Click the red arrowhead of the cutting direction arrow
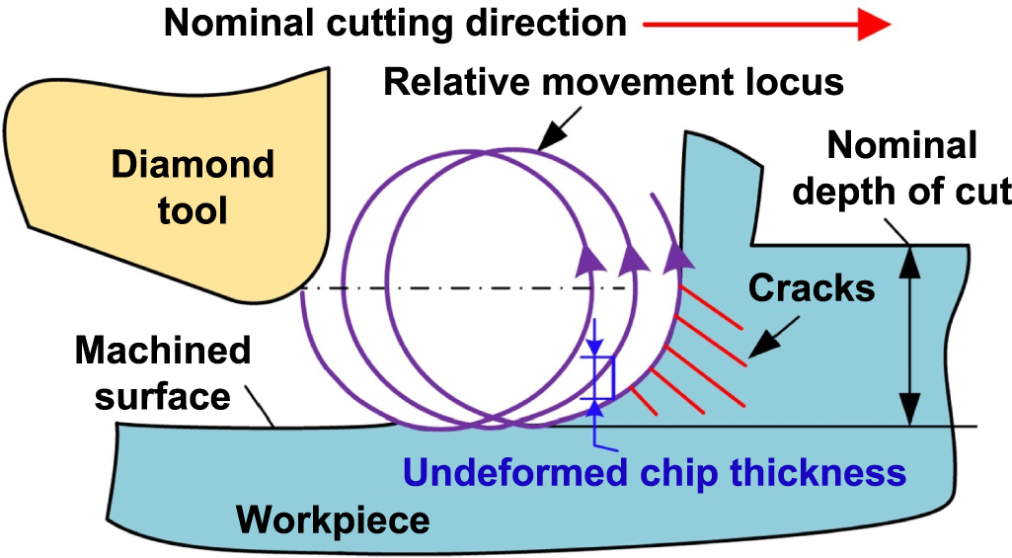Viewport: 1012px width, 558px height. tap(874, 24)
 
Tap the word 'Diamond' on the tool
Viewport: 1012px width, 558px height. tap(192, 163)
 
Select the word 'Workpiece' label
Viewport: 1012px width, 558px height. tap(335, 518)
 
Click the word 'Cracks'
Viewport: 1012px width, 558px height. tap(812, 287)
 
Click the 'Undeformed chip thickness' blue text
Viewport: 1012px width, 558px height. tap(656, 472)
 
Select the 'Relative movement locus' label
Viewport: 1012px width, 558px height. tap(613, 81)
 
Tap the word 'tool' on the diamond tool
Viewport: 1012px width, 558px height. tap(192, 209)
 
